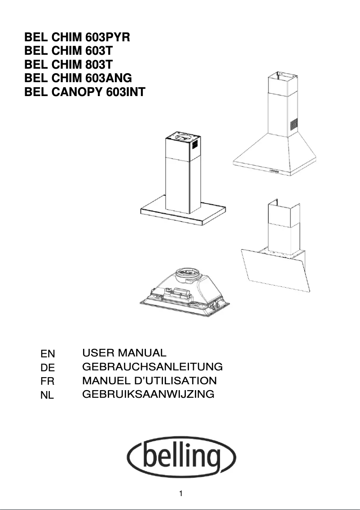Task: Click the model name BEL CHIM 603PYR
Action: [x=77, y=37]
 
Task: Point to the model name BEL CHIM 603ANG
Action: [x=78, y=79]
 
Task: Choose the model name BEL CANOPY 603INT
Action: [x=85, y=92]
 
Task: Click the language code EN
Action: [x=48, y=354]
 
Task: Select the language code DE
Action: [x=48, y=368]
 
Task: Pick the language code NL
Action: [x=47, y=396]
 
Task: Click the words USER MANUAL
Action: [x=124, y=353]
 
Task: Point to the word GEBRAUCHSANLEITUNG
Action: [x=153, y=367]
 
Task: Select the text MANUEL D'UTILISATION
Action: [x=149, y=381]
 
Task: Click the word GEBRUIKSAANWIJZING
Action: [x=149, y=395]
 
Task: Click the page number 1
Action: [x=180, y=494]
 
